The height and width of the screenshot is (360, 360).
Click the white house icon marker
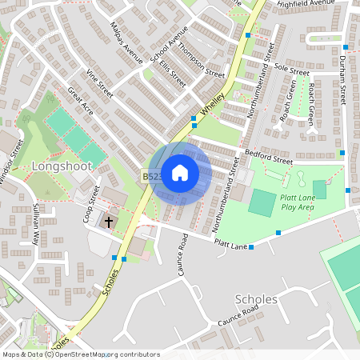[x=180, y=173]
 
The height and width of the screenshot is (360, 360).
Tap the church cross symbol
[x=109, y=222]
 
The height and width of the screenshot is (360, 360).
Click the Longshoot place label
[x=62, y=166]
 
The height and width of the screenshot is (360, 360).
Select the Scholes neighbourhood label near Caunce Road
[x=257, y=299]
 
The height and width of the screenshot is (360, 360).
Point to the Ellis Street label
[x=172, y=73]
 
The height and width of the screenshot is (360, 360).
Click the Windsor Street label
[x=10, y=169]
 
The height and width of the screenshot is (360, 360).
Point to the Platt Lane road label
[x=230, y=243]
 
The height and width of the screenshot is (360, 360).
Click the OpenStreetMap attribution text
[x=80, y=354]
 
